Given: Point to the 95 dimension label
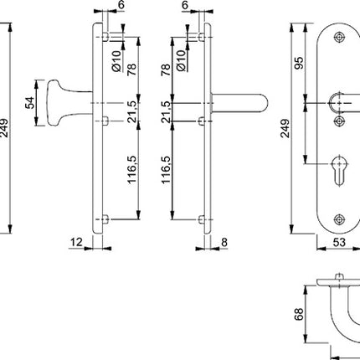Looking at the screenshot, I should (x=296, y=63).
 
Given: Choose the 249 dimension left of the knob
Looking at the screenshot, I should (x=7, y=130).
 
